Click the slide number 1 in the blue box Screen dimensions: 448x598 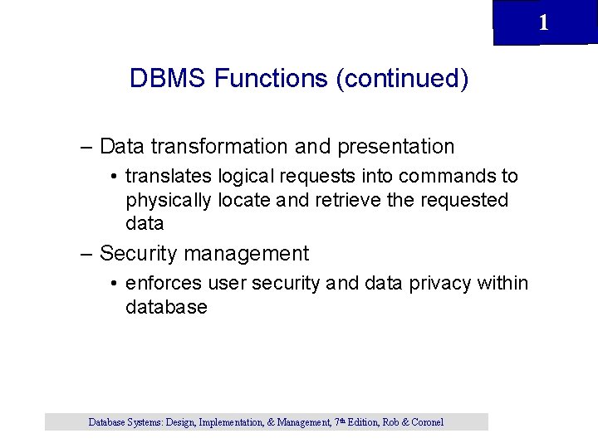543,23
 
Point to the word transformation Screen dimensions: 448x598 219,147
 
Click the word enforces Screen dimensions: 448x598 163,284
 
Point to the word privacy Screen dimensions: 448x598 440,284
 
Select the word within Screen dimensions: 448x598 502,284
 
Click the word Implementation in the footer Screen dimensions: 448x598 229,422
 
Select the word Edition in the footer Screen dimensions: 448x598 364,422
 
